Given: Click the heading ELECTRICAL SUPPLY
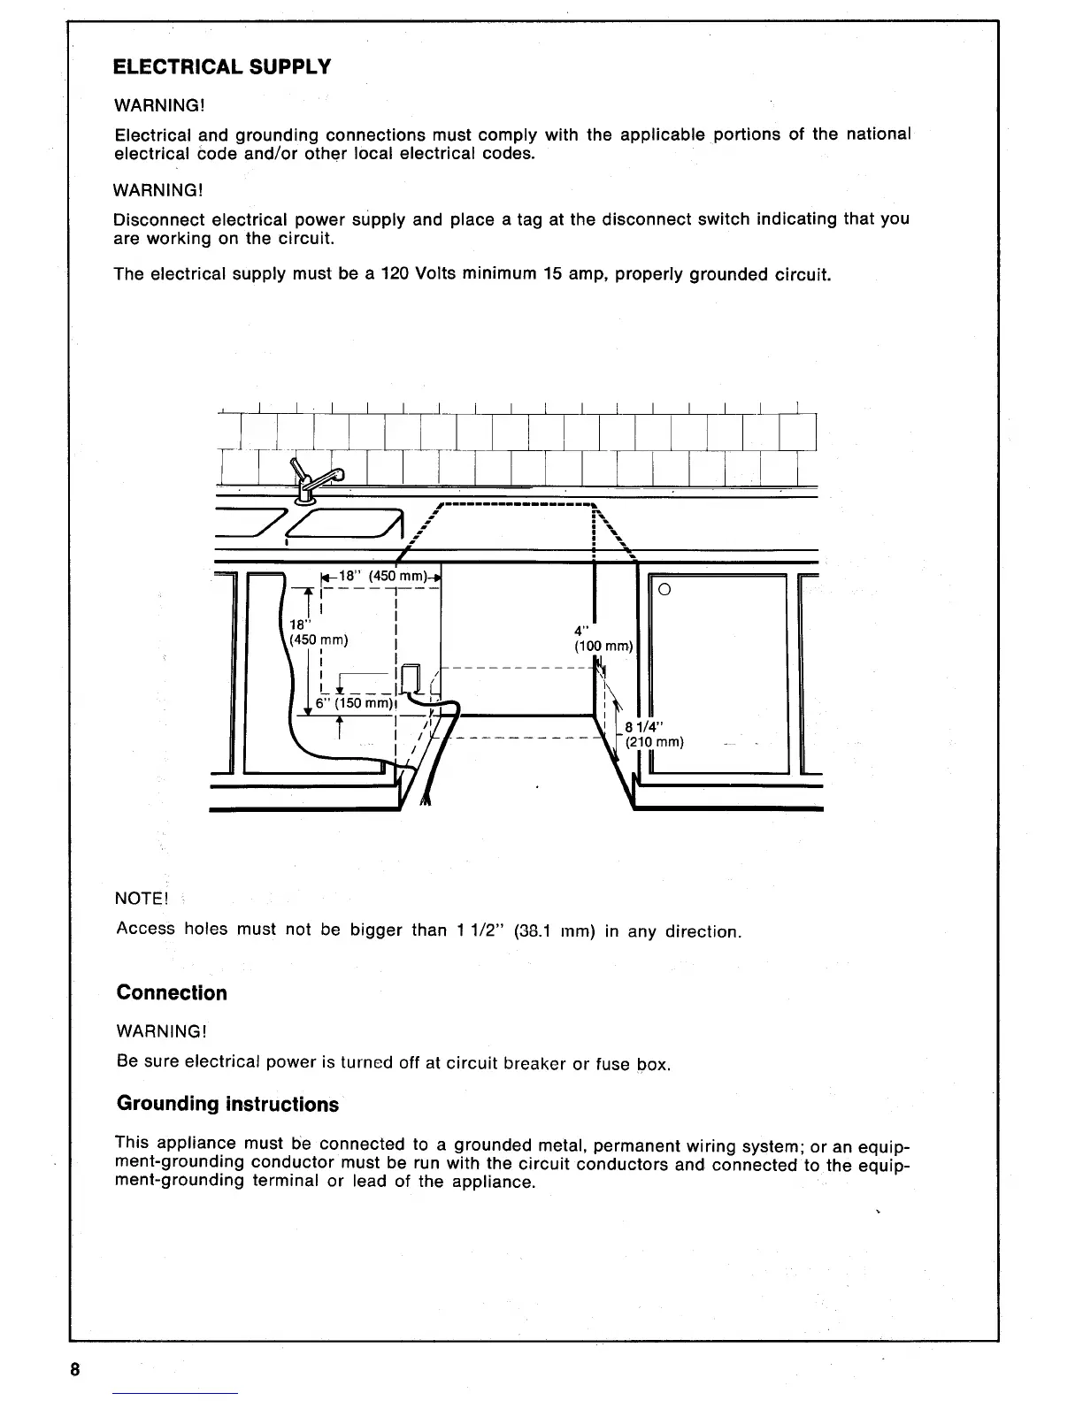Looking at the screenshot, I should pos(223,67).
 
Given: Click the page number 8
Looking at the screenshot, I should pos(75,1370).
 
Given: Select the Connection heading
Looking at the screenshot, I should pos(172,992).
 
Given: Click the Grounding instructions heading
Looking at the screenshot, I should pos(227,1104).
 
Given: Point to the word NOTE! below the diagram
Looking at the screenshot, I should pos(142,899).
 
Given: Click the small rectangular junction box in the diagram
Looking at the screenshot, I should pos(411,678).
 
